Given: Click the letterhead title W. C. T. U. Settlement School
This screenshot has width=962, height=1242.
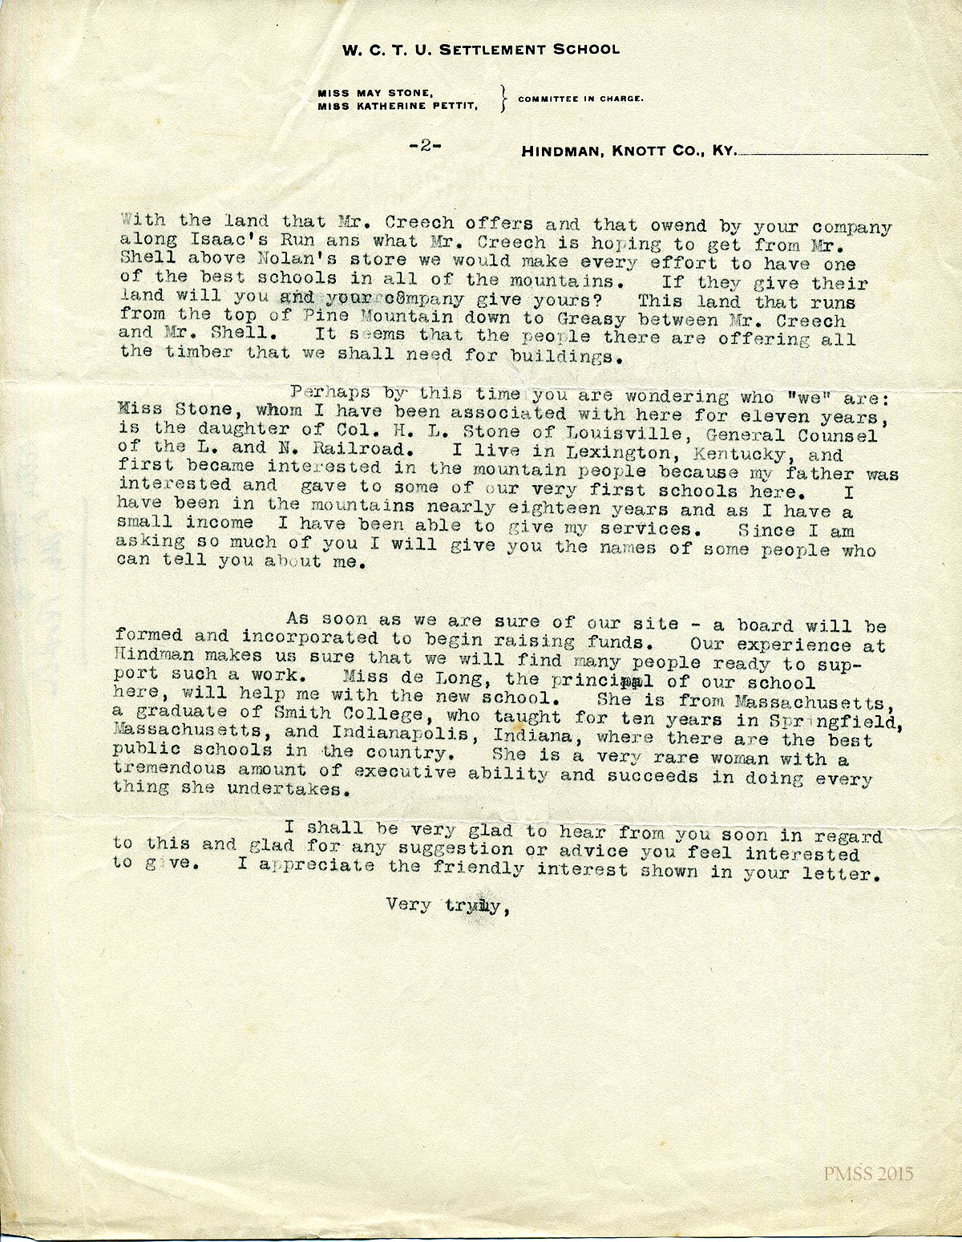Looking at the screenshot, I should point(481,50).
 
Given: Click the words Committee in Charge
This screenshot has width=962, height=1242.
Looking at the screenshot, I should point(580,99).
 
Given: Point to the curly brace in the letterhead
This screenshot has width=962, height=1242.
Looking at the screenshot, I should point(503,99).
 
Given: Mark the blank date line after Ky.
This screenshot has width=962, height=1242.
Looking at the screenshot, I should point(834,152).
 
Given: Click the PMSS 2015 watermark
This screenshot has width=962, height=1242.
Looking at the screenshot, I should point(868,1174).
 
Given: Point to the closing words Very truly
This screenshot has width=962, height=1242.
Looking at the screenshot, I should point(446,907).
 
